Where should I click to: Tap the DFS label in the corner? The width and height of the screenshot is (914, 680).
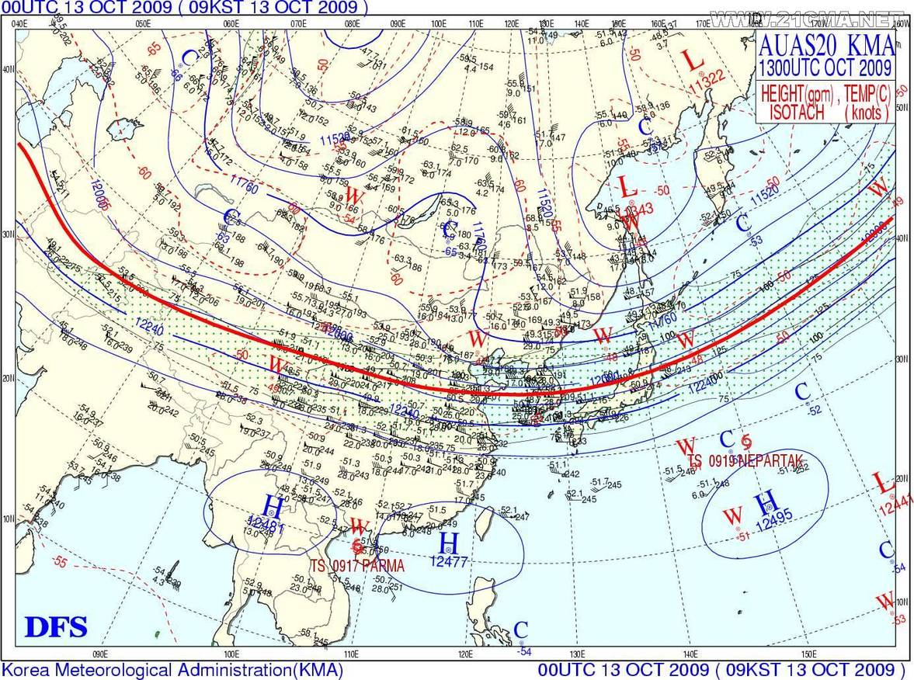point(56,626)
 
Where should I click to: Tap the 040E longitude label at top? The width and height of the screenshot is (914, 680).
point(21,23)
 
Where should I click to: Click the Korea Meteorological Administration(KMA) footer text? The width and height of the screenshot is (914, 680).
point(172,670)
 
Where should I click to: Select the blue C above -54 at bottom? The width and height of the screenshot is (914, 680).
point(521,630)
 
